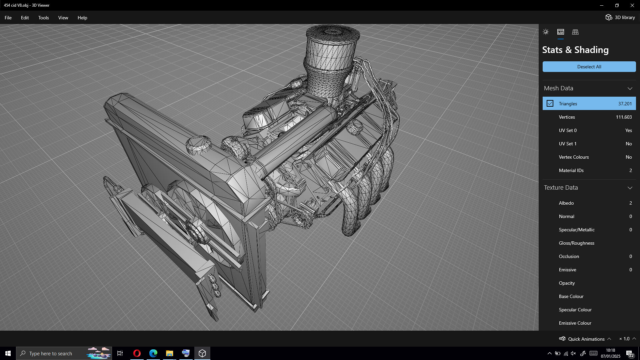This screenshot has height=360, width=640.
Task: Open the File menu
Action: (x=8, y=18)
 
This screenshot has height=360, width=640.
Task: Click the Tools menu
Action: (x=43, y=18)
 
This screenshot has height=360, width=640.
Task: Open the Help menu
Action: (x=82, y=18)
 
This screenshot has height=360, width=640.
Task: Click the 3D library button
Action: (x=620, y=17)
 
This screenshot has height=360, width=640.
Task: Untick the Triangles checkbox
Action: (x=550, y=104)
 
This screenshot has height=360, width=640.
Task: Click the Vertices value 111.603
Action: (x=624, y=117)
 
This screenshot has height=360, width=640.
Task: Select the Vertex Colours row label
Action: (x=574, y=157)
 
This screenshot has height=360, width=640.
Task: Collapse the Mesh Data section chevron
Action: (x=630, y=88)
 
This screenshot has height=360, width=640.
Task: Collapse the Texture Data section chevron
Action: (x=630, y=188)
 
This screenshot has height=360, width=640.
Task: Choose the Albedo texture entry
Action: (x=566, y=203)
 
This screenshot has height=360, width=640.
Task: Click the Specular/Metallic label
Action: (x=577, y=230)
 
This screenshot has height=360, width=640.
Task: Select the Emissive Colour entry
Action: (x=575, y=323)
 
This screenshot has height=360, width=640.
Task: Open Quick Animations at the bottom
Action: (x=586, y=339)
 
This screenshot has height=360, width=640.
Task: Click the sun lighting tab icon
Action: (x=546, y=32)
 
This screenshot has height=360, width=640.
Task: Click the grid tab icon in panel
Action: (x=575, y=32)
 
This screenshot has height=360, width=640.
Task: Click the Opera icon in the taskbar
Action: (x=137, y=353)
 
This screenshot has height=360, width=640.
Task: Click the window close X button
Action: (x=632, y=5)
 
